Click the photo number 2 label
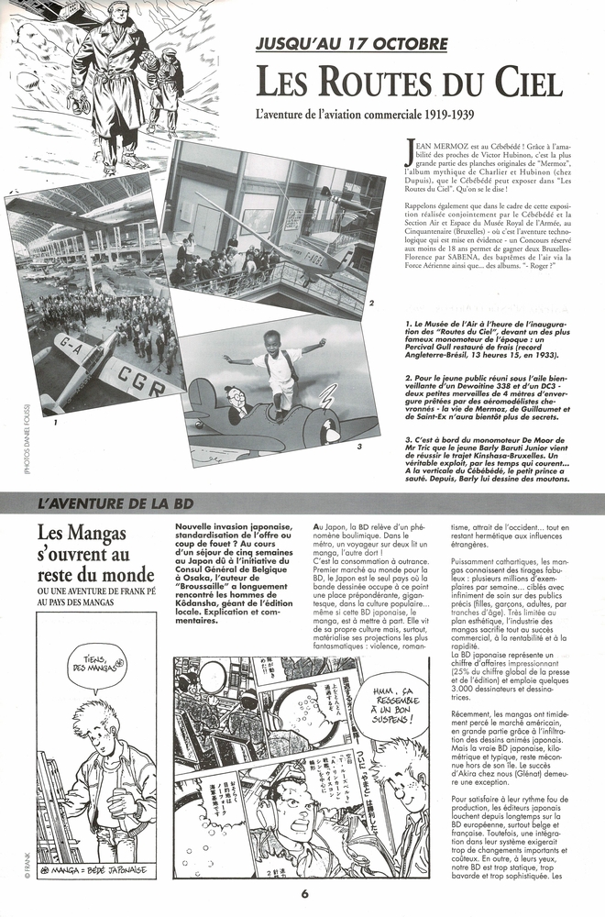coord(370,303)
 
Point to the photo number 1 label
coord(56,425)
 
